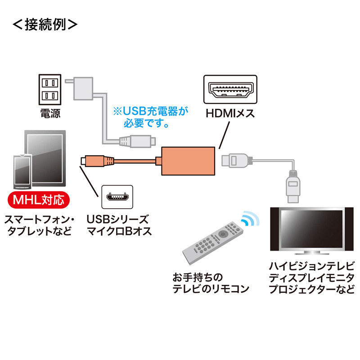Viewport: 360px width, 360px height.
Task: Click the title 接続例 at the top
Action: pyautogui.click(x=45, y=24)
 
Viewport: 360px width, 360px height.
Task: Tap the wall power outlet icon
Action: pyautogui.click(x=50, y=90)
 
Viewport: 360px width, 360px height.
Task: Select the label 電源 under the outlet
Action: pyautogui.click(x=50, y=113)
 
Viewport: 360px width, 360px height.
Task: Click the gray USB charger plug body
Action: pyautogui.click(x=83, y=89)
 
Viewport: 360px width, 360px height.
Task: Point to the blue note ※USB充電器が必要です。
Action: pyautogui.click(x=151, y=117)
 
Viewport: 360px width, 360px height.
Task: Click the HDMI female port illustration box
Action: pyautogui.click(x=230, y=89)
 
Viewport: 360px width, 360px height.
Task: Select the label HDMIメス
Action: pyautogui.click(x=230, y=113)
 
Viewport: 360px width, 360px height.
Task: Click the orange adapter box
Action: pyautogui.click(x=188, y=161)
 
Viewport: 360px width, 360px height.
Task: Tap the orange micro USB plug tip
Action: pyautogui.click(x=83, y=161)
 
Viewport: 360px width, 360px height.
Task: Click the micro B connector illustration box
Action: pyautogui.click(x=117, y=197)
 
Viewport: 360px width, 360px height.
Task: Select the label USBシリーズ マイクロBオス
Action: pyautogui.click(x=119, y=225)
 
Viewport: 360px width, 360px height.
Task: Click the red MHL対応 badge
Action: pyautogui.click(x=39, y=200)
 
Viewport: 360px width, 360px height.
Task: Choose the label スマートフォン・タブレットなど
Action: pyautogui.click(x=39, y=225)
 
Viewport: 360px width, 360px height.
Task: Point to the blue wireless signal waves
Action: pyautogui.click(x=250, y=218)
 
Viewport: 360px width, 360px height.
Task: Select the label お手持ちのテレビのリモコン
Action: pyautogui.click(x=211, y=283)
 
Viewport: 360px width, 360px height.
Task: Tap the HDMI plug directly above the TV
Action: pyautogui.click(x=293, y=186)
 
